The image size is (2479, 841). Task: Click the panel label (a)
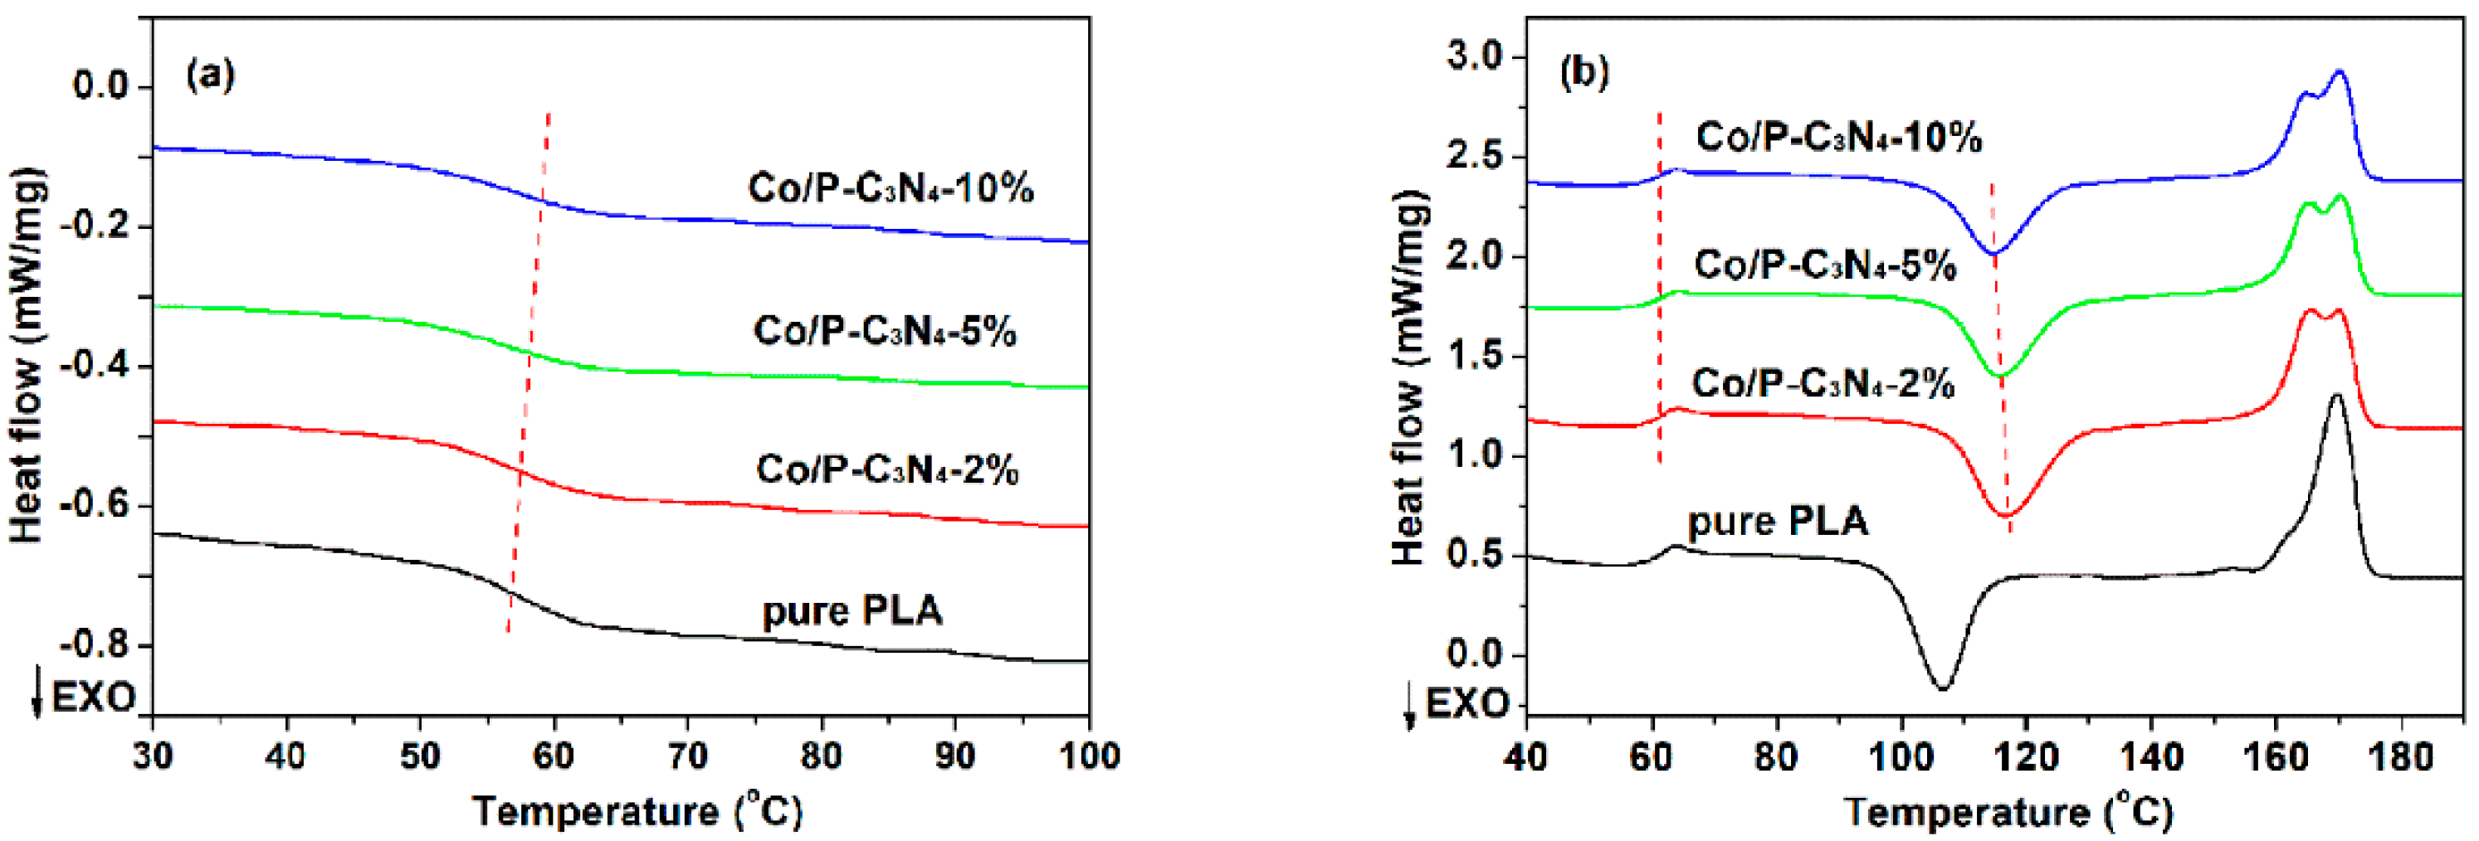211,74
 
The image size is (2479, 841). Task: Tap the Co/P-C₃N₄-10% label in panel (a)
891,187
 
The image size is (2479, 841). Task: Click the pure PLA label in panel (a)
852,611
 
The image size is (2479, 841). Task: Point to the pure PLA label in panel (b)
1778,521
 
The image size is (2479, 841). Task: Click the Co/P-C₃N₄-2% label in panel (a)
887,469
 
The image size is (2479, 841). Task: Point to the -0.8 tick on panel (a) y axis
95,644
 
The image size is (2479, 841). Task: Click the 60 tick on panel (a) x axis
554,756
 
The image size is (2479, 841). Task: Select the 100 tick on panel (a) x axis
1088,756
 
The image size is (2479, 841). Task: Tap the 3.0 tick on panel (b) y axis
1473,58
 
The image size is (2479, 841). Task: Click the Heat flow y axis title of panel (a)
27,356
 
